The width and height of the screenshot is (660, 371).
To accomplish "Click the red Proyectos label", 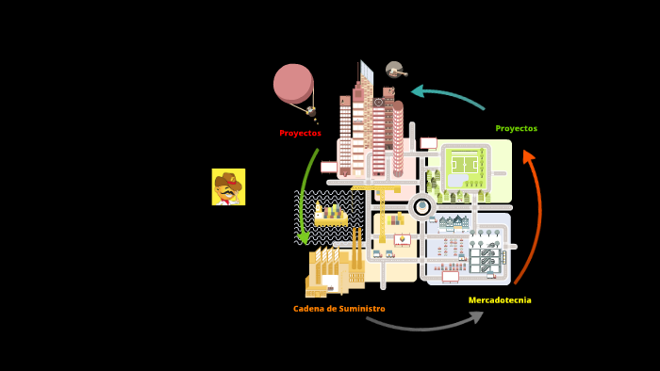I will point(300,134).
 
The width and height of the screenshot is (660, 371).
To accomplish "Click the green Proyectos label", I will point(516,129).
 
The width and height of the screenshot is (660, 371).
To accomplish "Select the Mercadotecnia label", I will point(500,300).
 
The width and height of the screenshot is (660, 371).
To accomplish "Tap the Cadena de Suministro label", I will point(338,309).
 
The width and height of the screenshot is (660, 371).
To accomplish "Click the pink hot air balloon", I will point(293,83).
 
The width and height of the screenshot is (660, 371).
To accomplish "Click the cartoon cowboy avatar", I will point(228,186).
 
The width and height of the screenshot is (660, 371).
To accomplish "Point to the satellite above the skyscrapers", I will point(395,71).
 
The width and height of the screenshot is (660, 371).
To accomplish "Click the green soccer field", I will point(466,165).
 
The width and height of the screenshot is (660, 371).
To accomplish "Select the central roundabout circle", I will point(422,206).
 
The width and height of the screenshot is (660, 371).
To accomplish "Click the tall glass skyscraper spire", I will point(366,73).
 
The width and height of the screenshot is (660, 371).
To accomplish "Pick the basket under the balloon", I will point(311,111).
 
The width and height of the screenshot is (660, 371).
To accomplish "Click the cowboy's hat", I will point(227,178).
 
